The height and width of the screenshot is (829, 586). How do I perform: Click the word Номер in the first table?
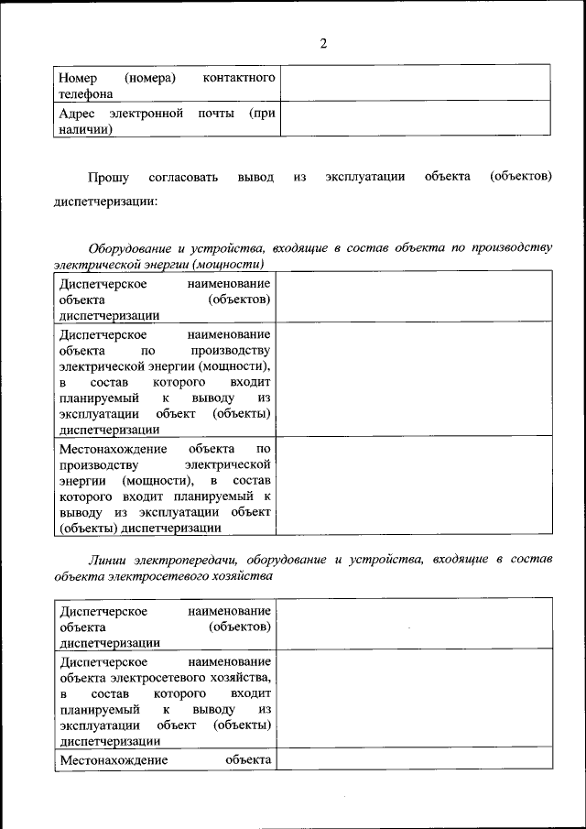[77, 78]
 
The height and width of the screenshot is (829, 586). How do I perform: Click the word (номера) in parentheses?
[150, 78]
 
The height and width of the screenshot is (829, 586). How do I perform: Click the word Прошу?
[108, 177]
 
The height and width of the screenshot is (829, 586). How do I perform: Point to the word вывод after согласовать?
[255, 177]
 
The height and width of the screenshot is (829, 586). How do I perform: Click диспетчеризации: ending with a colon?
[105, 202]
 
